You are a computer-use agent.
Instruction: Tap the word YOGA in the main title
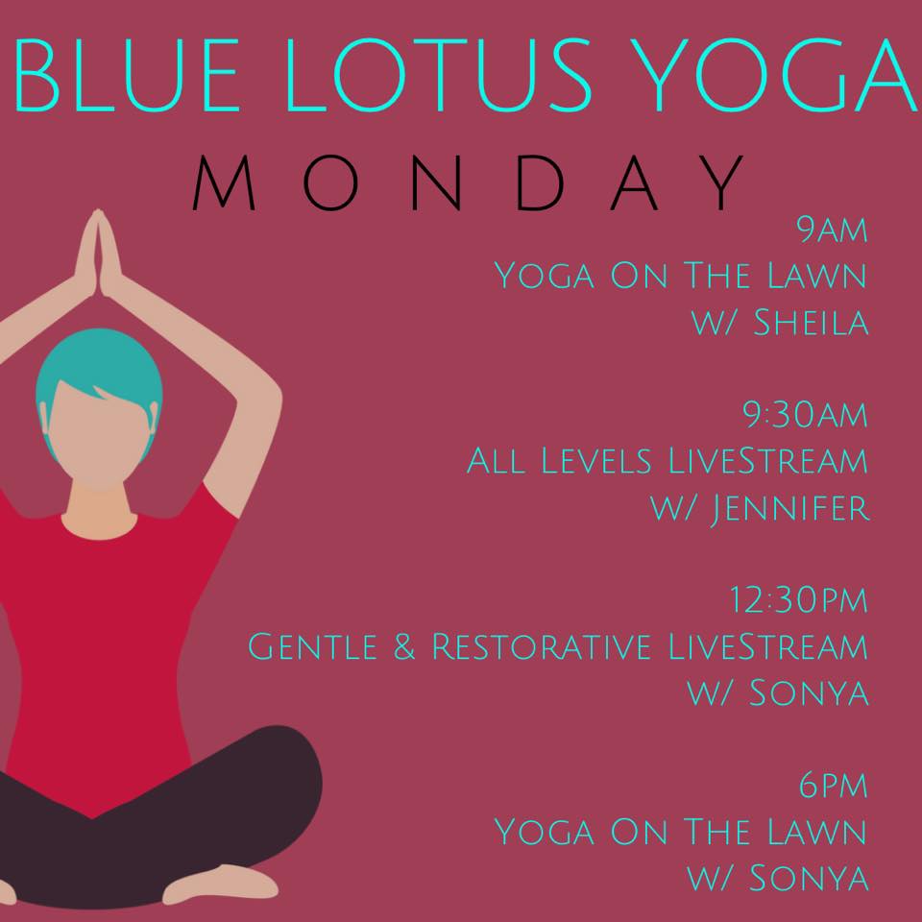(777, 75)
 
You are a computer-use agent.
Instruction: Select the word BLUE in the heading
(126, 75)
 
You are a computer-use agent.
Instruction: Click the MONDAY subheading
(468, 182)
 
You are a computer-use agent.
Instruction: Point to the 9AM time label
(832, 230)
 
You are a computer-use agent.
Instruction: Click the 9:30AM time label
(805, 415)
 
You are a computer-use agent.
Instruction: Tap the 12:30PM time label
(798, 599)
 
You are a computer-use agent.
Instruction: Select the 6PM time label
(834, 785)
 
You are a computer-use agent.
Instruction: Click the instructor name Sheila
(811, 323)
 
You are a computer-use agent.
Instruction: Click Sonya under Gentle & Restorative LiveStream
(809, 692)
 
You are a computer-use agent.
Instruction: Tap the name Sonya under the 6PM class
(809, 878)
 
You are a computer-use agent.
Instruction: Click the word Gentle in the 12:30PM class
(312, 646)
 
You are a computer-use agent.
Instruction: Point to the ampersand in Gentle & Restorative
(404, 646)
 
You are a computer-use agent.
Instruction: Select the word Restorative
(541, 646)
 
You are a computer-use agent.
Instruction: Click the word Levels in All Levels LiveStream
(596, 460)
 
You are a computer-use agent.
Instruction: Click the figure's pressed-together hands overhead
(98, 253)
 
